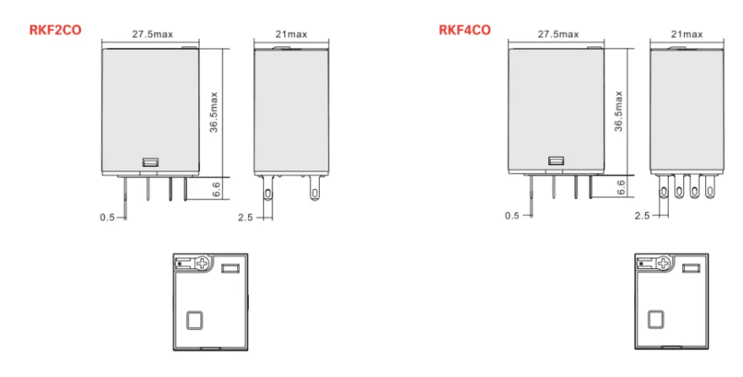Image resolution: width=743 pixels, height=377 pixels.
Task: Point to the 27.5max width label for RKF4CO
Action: click(x=557, y=34)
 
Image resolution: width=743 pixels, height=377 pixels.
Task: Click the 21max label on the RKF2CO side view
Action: click(x=291, y=34)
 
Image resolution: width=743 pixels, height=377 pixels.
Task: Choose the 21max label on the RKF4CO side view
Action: click(x=686, y=34)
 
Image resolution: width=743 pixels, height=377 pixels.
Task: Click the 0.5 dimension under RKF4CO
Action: click(x=511, y=216)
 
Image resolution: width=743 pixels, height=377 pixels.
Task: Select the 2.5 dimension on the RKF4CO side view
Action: click(x=642, y=216)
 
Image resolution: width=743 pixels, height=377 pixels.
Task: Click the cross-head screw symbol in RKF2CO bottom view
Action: click(x=202, y=263)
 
